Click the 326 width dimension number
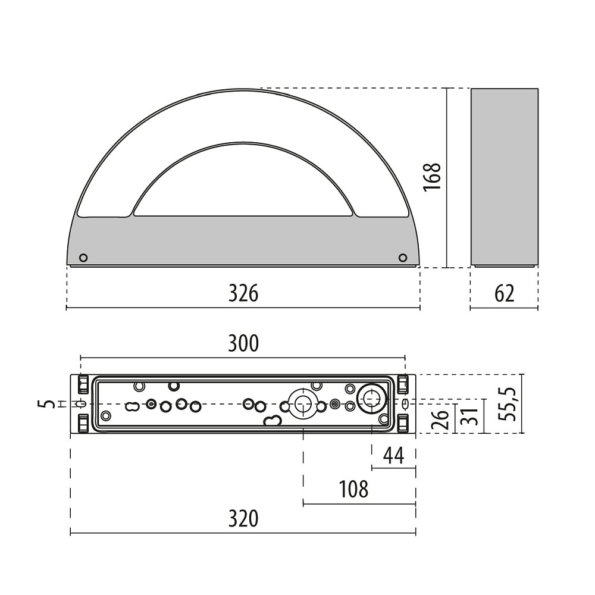pyautogui.click(x=243, y=293)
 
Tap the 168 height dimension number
pyautogui.click(x=432, y=177)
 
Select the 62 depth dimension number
pyautogui.click(x=505, y=293)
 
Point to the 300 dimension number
pyautogui.click(x=243, y=343)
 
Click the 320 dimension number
pyautogui.click(x=243, y=519)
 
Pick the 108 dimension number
pyautogui.click(x=353, y=489)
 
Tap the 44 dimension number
pyautogui.click(x=393, y=455)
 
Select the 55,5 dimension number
pyautogui.click(x=508, y=404)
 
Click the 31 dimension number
pyautogui.click(x=471, y=416)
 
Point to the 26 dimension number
pyautogui.click(x=440, y=419)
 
